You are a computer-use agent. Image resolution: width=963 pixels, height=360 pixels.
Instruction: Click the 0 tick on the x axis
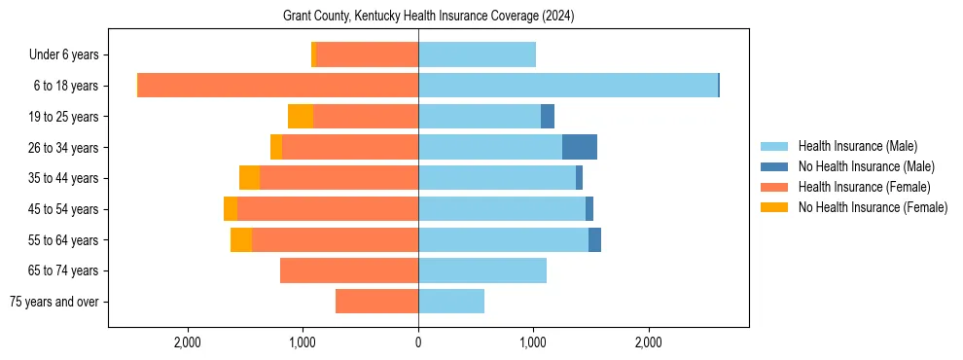tap(418, 342)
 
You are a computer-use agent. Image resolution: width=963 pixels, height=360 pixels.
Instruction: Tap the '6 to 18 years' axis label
tap(66, 86)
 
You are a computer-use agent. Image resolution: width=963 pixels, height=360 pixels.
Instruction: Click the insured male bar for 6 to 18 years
tap(568, 86)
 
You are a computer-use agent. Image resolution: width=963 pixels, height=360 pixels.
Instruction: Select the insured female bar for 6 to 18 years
tap(278, 86)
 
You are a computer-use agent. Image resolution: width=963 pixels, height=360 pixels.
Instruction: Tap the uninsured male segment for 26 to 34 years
tap(580, 147)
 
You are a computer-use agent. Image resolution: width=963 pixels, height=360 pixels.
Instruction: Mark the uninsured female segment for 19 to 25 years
tap(301, 117)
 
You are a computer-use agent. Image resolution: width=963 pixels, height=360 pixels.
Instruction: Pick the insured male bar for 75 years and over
tap(451, 302)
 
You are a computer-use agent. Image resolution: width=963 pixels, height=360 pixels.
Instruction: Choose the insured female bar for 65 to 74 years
tap(349, 270)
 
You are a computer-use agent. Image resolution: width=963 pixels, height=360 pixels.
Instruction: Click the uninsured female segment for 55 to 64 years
tap(241, 239)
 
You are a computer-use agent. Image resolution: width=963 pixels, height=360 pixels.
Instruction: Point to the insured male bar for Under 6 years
tap(477, 55)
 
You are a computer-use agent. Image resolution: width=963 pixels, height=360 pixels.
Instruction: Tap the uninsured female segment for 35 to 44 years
tap(249, 178)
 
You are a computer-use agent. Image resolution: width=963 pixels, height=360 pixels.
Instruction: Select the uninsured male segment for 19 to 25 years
tap(548, 117)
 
